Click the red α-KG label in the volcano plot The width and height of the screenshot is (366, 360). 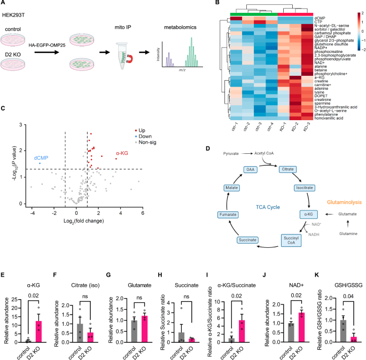click(122, 153)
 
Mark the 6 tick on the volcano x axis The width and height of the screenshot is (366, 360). click(142, 213)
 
